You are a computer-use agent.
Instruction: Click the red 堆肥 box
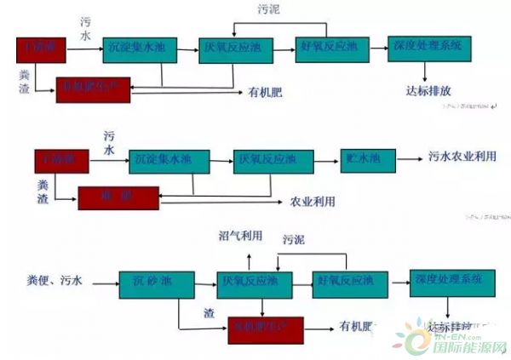[118, 198]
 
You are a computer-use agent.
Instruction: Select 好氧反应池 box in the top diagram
[330, 49]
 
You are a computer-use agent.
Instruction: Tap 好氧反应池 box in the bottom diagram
[345, 281]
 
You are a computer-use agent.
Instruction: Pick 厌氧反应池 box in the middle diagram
[266, 160]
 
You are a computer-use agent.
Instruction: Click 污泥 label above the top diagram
[268, 10]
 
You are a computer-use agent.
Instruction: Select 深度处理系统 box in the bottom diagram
[448, 282]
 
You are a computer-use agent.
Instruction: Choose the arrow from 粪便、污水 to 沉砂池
[106, 281]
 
